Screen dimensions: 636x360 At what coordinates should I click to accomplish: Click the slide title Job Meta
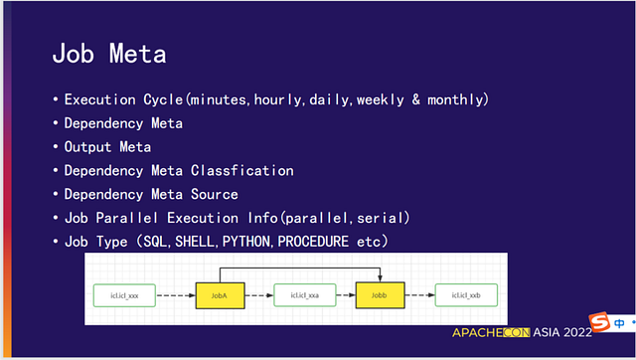click(109, 54)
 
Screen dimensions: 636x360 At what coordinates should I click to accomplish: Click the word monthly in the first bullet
click(455, 99)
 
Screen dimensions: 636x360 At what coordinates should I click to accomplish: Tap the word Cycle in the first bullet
click(163, 99)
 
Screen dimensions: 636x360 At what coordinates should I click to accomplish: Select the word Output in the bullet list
click(87, 147)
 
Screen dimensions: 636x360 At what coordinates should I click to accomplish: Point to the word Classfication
click(242, 170)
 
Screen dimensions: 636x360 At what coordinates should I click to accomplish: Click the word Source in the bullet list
click(215, 194)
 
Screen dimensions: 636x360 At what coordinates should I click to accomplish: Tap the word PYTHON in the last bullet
click(246, 242)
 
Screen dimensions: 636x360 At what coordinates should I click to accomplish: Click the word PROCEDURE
click(313, 242)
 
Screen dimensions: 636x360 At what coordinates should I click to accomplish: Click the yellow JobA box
click(221, 295)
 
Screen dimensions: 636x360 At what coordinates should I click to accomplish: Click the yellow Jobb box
click(380, 295)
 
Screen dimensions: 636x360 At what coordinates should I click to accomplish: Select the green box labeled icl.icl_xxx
click(124, 295)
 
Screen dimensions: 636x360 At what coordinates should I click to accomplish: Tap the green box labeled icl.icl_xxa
click(305, 295)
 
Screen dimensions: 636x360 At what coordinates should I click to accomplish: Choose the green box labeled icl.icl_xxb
click(466, 295)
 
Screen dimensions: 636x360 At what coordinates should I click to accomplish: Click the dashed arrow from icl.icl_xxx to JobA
click(176, 295)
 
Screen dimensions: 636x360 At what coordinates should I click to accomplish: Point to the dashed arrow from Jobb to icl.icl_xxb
click(419, 295)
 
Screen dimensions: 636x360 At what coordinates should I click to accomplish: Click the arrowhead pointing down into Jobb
click(380, 278)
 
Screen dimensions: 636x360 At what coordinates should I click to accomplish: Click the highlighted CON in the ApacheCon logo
click(517, 332)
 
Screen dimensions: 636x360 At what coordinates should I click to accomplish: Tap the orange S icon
click(600, 322)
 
